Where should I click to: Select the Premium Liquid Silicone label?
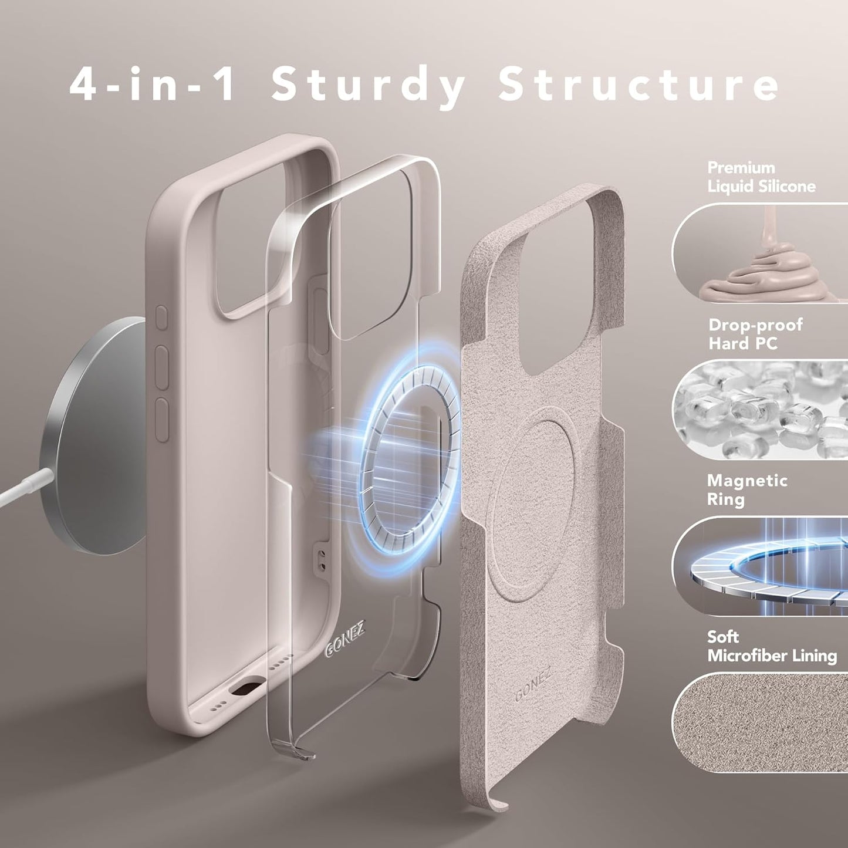tap(761, 177)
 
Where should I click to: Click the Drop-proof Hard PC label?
tap(755, 334)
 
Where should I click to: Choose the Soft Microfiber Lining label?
tap(771, 646)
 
